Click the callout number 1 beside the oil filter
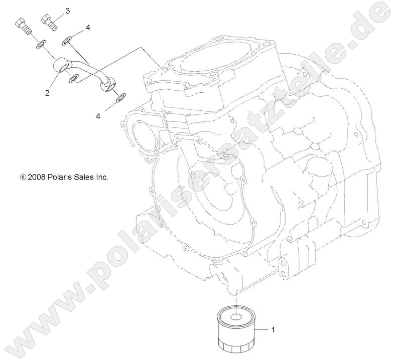273,330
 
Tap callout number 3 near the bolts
68,11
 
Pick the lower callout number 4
98,116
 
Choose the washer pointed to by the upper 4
67,39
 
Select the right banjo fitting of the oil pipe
108,85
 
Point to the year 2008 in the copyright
38,177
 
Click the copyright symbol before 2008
23,177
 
